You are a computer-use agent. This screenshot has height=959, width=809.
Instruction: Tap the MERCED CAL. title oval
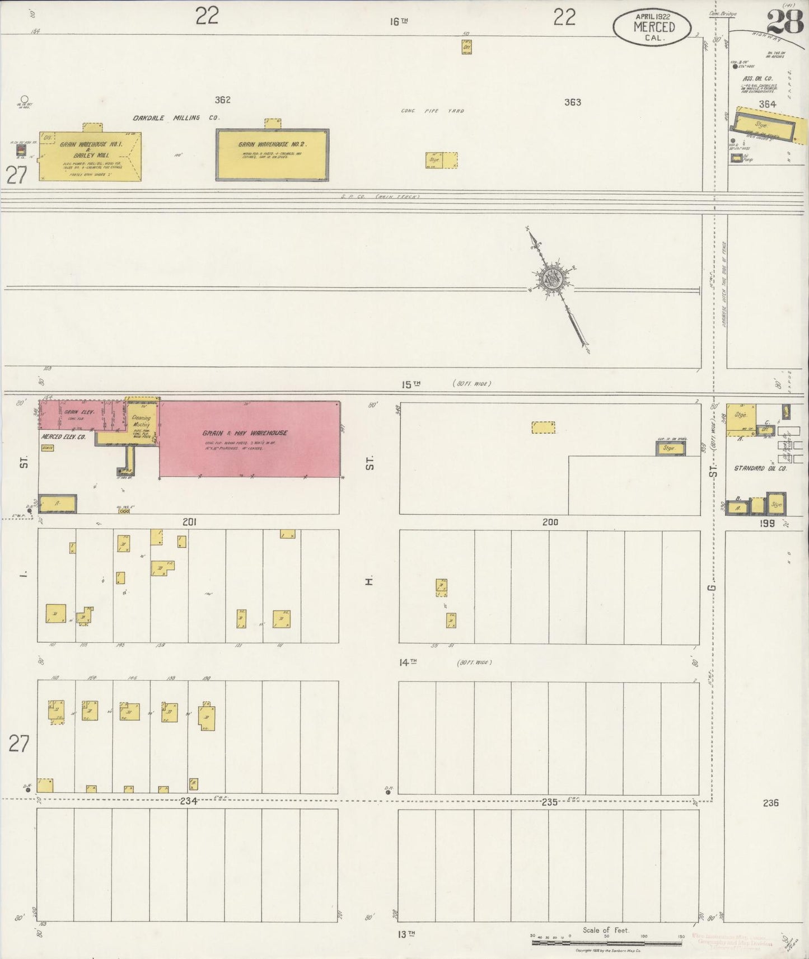tap(652, 27)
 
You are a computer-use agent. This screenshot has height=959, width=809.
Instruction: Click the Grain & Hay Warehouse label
tap(245, 433)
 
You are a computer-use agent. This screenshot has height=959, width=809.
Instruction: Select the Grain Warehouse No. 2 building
tap(272, 155)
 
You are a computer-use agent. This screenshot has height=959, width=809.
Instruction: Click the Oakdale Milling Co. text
tap(176, 118)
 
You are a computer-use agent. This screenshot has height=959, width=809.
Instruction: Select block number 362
tap(222, 100)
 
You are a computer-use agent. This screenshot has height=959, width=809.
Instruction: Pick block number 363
tap(572, 102)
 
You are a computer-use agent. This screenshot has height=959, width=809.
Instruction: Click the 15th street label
tap(410, 384)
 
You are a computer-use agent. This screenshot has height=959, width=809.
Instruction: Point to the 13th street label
tap(407, 933)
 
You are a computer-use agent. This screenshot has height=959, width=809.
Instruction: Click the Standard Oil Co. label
tap(760, 468)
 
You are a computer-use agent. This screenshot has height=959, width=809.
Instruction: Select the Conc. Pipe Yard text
tap(432, 111)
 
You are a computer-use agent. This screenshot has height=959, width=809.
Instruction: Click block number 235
tap(549, 802)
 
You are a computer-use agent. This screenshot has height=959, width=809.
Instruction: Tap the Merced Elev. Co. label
tap(63, 436)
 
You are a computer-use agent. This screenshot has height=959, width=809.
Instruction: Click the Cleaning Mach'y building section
tap(141, 424)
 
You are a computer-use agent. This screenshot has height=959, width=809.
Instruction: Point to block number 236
tap(770, 803)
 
